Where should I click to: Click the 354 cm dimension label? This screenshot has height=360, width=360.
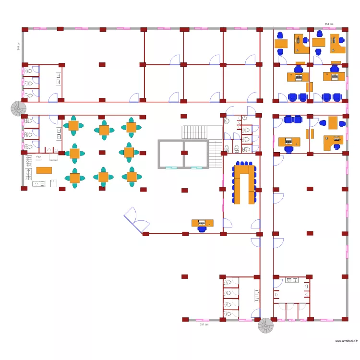[329, 24]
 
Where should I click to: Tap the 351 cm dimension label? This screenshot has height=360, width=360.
[204, 324]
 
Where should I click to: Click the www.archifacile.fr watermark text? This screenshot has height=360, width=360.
[346, 340]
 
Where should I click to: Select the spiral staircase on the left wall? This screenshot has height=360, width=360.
[19, 108]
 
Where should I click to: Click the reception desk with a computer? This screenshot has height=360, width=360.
[203, 223]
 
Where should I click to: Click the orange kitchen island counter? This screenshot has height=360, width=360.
[44, 170]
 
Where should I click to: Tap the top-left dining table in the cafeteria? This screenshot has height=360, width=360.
[73, 126]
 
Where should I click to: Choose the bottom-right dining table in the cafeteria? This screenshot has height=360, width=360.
[132, 177]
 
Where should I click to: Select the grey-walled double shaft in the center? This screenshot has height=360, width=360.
[183, 154]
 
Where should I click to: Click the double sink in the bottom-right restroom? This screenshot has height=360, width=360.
[291, 279]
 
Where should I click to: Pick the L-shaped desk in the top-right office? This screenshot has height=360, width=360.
[338, 43]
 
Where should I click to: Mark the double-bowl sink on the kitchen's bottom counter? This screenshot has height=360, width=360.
[38, 183]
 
